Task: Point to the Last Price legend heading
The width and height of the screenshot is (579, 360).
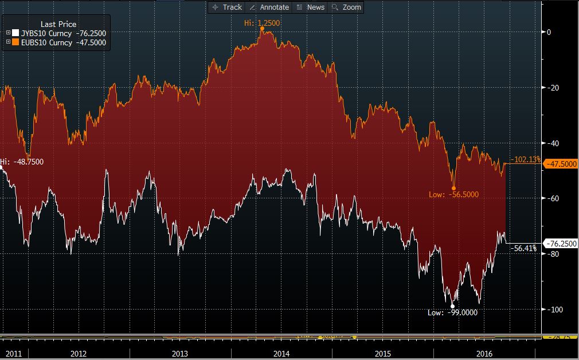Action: [58, 24]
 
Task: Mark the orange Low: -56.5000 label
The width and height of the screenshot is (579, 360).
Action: [453, 195]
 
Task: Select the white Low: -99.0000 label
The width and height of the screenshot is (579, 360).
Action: [452, 312]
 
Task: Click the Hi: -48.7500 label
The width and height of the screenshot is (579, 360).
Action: [22, 162]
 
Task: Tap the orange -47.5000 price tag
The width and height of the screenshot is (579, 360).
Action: [560, 164]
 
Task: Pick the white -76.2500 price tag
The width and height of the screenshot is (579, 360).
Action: [560, 244]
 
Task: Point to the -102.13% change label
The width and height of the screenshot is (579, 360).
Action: [525, 159]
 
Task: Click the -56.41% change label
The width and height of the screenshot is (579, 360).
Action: [522, 248]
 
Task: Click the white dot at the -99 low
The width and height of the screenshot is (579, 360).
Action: [452, 306]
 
